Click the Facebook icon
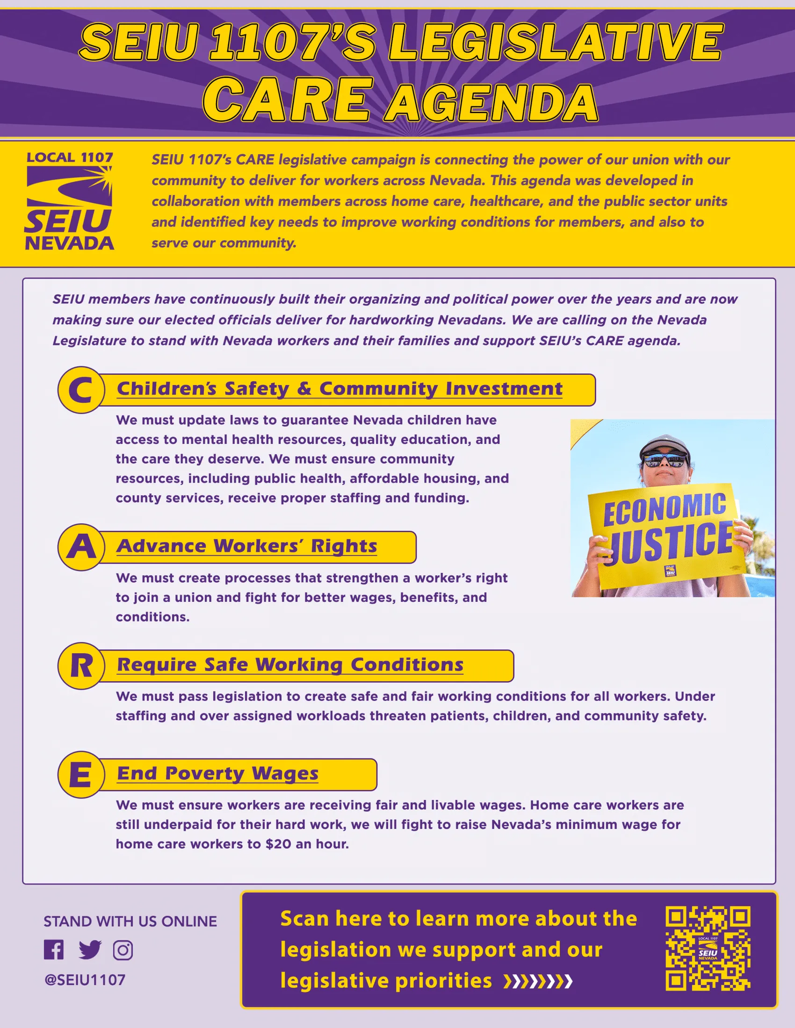(x=54, y=950)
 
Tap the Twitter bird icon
(x=90, y=950)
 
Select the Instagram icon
(x=123, y=950)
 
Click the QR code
(x=708, y=948)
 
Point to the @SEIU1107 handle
(x=85, y=980)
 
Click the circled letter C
(x=81, y=390)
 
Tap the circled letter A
(x=81, y=547)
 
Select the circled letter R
(x=81, y=665)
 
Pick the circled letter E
(x=81, y=774)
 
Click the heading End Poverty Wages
(x=217, y=773)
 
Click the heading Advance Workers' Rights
(x=247, y=546)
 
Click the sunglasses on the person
(x=664, y=459)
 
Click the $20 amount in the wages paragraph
(x=278, y=844)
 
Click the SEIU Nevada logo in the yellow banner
(x=69, y=201)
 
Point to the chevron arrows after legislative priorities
(x=538, y=981)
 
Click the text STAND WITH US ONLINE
(x=130, y=921)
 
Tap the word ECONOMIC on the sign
(x=665, y=509)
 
